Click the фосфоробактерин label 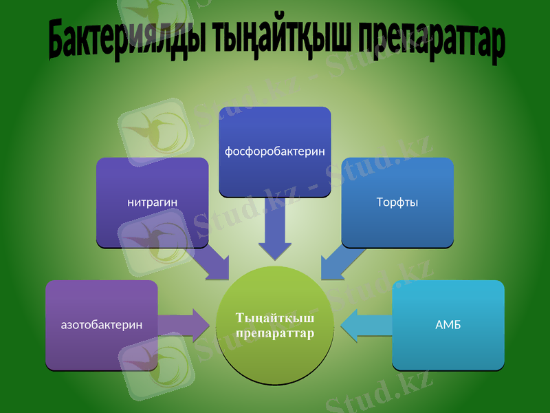(x=275, y=151)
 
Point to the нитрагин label (x=153, y=202)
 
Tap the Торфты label (x=397, y=202)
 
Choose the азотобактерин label (x=102, y=324)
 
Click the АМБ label (x=448, y=324)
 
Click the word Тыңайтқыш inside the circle (x=275, y=319)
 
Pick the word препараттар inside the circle (x=275, y=334)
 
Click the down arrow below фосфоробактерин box (x=275, y=234)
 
